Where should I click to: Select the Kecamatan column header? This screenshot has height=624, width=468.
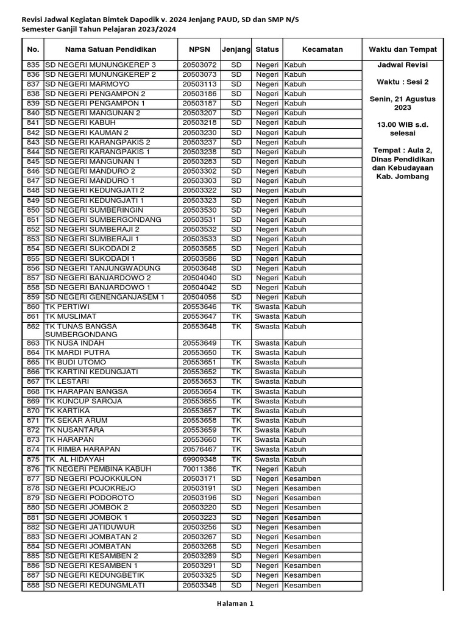tap(322, 49)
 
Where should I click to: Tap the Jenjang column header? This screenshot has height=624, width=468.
tap(236, 49)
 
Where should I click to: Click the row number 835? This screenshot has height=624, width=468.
tap(33, 65)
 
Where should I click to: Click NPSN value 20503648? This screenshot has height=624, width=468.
tap(199, 268)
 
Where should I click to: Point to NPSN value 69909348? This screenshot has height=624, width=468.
tap(199, 459)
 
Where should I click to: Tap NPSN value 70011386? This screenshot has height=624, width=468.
tap(199, 469)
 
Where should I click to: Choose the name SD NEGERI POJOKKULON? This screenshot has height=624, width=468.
tap(93, 478)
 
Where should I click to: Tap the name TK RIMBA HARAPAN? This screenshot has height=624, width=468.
tap(82, 449)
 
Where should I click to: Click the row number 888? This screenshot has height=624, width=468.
tap(33, 586)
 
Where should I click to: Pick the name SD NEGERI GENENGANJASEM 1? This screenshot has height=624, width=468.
tap(105, 297)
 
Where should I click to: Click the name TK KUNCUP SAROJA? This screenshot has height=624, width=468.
tap(83, 401)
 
